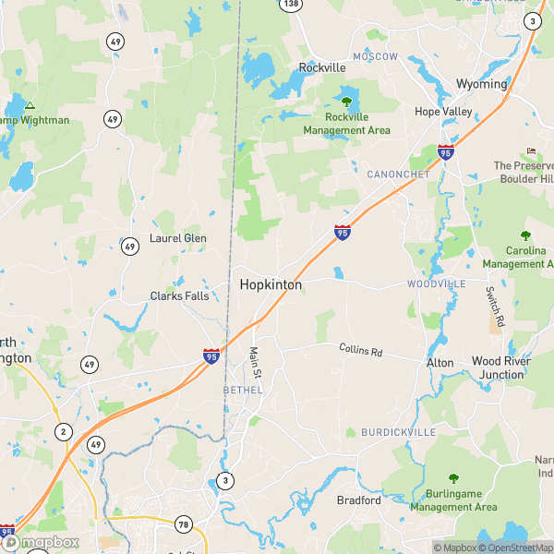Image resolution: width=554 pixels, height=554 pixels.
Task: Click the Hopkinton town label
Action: click(x=271, y=285)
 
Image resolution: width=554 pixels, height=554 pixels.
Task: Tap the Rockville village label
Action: click(x=321, y=67)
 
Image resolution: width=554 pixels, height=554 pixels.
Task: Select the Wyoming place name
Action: click(x=481, y=84)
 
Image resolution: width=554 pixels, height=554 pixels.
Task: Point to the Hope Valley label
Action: click(x=443, y=112)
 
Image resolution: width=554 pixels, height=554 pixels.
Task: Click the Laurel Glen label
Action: click(x=177, y=238)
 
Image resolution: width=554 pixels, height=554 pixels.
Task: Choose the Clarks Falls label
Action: click(x=179, y=296)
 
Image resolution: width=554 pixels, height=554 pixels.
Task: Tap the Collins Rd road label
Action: click(x=366, y=351)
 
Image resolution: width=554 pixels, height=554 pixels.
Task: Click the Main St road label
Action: click(x=256, y=361)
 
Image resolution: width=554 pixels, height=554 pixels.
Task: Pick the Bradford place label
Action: click(x=358, y=500)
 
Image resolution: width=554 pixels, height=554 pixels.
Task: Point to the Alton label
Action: click(x=440, y=363)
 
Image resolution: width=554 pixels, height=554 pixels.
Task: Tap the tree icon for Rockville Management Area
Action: click(x=346, y=102)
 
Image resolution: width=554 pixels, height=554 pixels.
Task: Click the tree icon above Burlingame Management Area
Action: click(x=453, y=478)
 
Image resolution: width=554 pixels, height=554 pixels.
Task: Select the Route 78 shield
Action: click(x=183, y=524)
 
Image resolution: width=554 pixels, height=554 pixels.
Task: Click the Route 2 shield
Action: click(x=63, y=431)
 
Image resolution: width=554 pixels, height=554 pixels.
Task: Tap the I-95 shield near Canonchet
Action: click(x=446, y=152)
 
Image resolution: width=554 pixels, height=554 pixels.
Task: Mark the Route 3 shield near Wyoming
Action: click(x=532, y=20)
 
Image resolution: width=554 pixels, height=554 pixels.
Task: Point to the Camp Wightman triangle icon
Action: click(x=30, y=105)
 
